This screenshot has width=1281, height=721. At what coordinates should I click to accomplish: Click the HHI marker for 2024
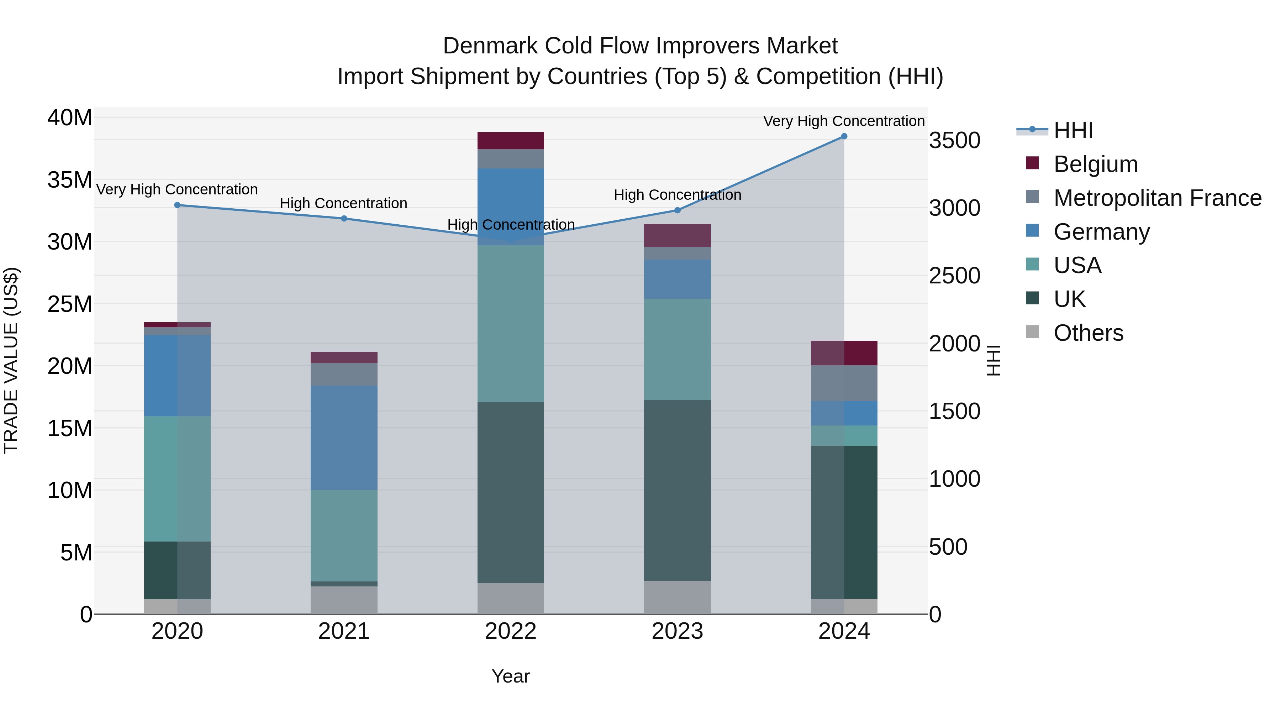844,136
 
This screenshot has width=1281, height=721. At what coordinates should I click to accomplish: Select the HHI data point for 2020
177,205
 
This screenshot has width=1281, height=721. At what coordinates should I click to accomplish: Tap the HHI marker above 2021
344,219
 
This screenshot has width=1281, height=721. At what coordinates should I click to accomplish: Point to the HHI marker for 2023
677,210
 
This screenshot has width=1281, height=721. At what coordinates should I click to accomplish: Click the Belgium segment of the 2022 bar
511,141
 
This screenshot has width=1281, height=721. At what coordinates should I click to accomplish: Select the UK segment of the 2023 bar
677,490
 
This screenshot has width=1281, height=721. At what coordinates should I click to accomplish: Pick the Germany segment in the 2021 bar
344,438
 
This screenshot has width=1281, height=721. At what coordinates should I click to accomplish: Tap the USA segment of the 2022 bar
511,323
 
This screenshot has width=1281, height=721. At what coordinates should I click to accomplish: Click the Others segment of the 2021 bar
344,600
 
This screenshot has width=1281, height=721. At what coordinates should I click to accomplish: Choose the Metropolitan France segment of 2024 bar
844,383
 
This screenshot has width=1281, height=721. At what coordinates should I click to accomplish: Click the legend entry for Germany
1101,232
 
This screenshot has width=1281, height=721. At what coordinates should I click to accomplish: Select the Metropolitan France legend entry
1157,198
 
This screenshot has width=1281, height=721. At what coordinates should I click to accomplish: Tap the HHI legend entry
1072,130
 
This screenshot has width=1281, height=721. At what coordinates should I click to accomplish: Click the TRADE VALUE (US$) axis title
11,360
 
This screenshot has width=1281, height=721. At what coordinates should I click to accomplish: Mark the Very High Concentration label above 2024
844,121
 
